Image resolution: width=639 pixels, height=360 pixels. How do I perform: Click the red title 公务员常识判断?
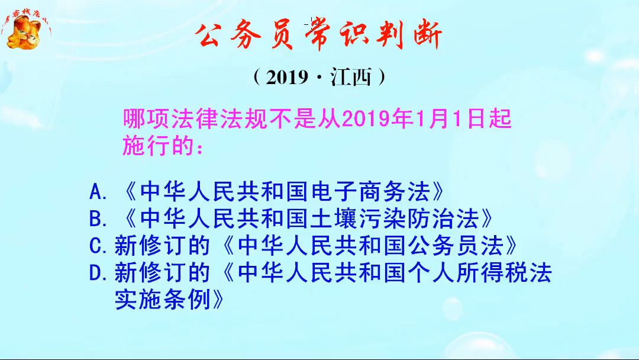(x=319, y=37)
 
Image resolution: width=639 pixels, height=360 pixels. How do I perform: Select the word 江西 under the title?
(x=351, y=78)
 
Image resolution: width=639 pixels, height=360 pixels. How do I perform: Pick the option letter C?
(x=96, y=246)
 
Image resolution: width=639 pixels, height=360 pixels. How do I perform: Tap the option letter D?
(x=96, y=273)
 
